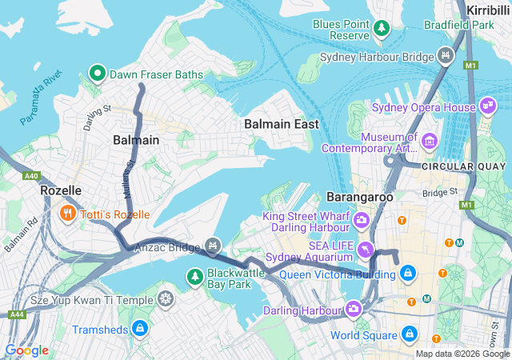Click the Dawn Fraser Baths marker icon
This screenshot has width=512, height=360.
[98, 74]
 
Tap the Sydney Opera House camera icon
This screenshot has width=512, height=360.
[488, 107]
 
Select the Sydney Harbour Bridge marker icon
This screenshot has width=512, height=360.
[446, 57]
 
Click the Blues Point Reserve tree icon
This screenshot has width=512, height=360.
[382, 29]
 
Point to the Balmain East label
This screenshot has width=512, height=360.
[281, 124]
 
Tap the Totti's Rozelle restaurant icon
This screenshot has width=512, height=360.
[68, 214]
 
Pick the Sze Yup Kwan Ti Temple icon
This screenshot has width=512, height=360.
[166, 299]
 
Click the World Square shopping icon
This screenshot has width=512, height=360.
[409, 333]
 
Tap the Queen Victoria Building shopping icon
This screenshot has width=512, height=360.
[409, 274]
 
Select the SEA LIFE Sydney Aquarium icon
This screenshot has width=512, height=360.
[366, 250]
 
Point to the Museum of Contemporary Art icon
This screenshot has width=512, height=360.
[430, 141]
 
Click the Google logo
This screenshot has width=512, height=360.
[26, 350]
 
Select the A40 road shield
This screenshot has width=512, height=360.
[31, 175]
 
